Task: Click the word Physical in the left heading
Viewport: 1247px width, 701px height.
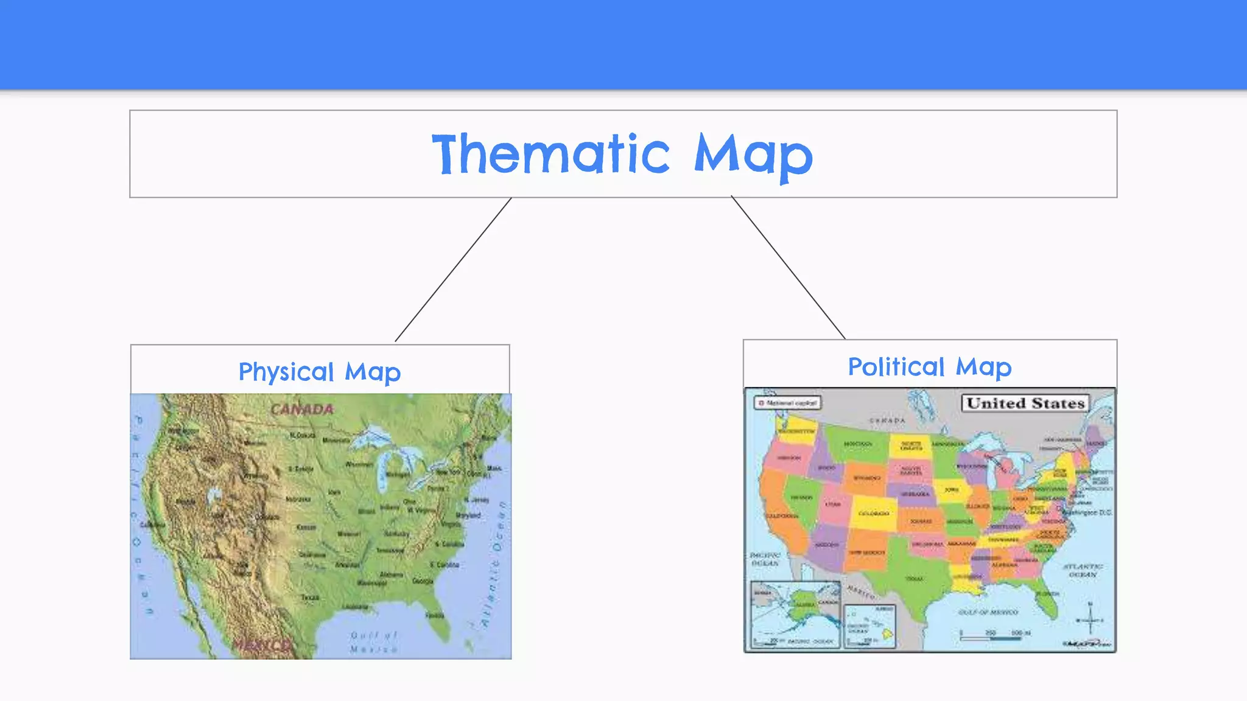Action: (286, 372)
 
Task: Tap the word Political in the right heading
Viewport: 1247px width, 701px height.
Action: (896, 367)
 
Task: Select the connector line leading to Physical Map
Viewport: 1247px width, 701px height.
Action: (453, 270)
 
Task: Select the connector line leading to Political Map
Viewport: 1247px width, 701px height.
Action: (788, 267)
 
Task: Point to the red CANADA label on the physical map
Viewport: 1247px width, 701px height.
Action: (302, 409)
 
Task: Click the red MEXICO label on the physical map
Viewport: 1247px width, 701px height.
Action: (262, 645)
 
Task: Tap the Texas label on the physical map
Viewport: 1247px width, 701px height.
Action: (310, 598)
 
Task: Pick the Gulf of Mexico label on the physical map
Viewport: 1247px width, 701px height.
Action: (373, 642)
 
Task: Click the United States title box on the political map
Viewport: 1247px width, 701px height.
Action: (1025, 403)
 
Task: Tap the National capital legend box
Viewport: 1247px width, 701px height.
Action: (787, 403)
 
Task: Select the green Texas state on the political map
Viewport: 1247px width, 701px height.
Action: (916, 578)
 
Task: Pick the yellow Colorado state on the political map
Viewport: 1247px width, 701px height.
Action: (874, 513)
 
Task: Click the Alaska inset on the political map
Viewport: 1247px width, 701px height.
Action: (795, 615)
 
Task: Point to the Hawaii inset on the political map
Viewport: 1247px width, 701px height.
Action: (869, 626)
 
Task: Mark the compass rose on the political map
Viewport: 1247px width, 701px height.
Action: (1090, 619)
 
